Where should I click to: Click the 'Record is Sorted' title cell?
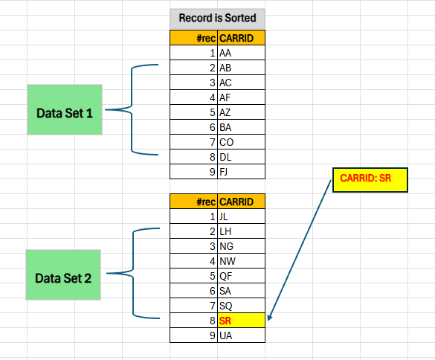217,19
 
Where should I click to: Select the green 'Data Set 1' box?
65,109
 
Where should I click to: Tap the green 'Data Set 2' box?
63,274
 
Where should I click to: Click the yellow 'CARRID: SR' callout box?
370,179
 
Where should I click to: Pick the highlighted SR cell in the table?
242,321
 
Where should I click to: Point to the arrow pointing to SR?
300,250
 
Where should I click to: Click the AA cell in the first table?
242,53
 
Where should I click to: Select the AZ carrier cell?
242,112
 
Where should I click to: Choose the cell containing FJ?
242,172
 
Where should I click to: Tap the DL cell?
242,157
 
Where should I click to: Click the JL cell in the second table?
242,216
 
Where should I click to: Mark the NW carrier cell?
242,261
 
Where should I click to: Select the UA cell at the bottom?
242,335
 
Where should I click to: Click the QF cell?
242,276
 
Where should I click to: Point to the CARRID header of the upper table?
242,38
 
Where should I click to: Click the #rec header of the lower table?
193,202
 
